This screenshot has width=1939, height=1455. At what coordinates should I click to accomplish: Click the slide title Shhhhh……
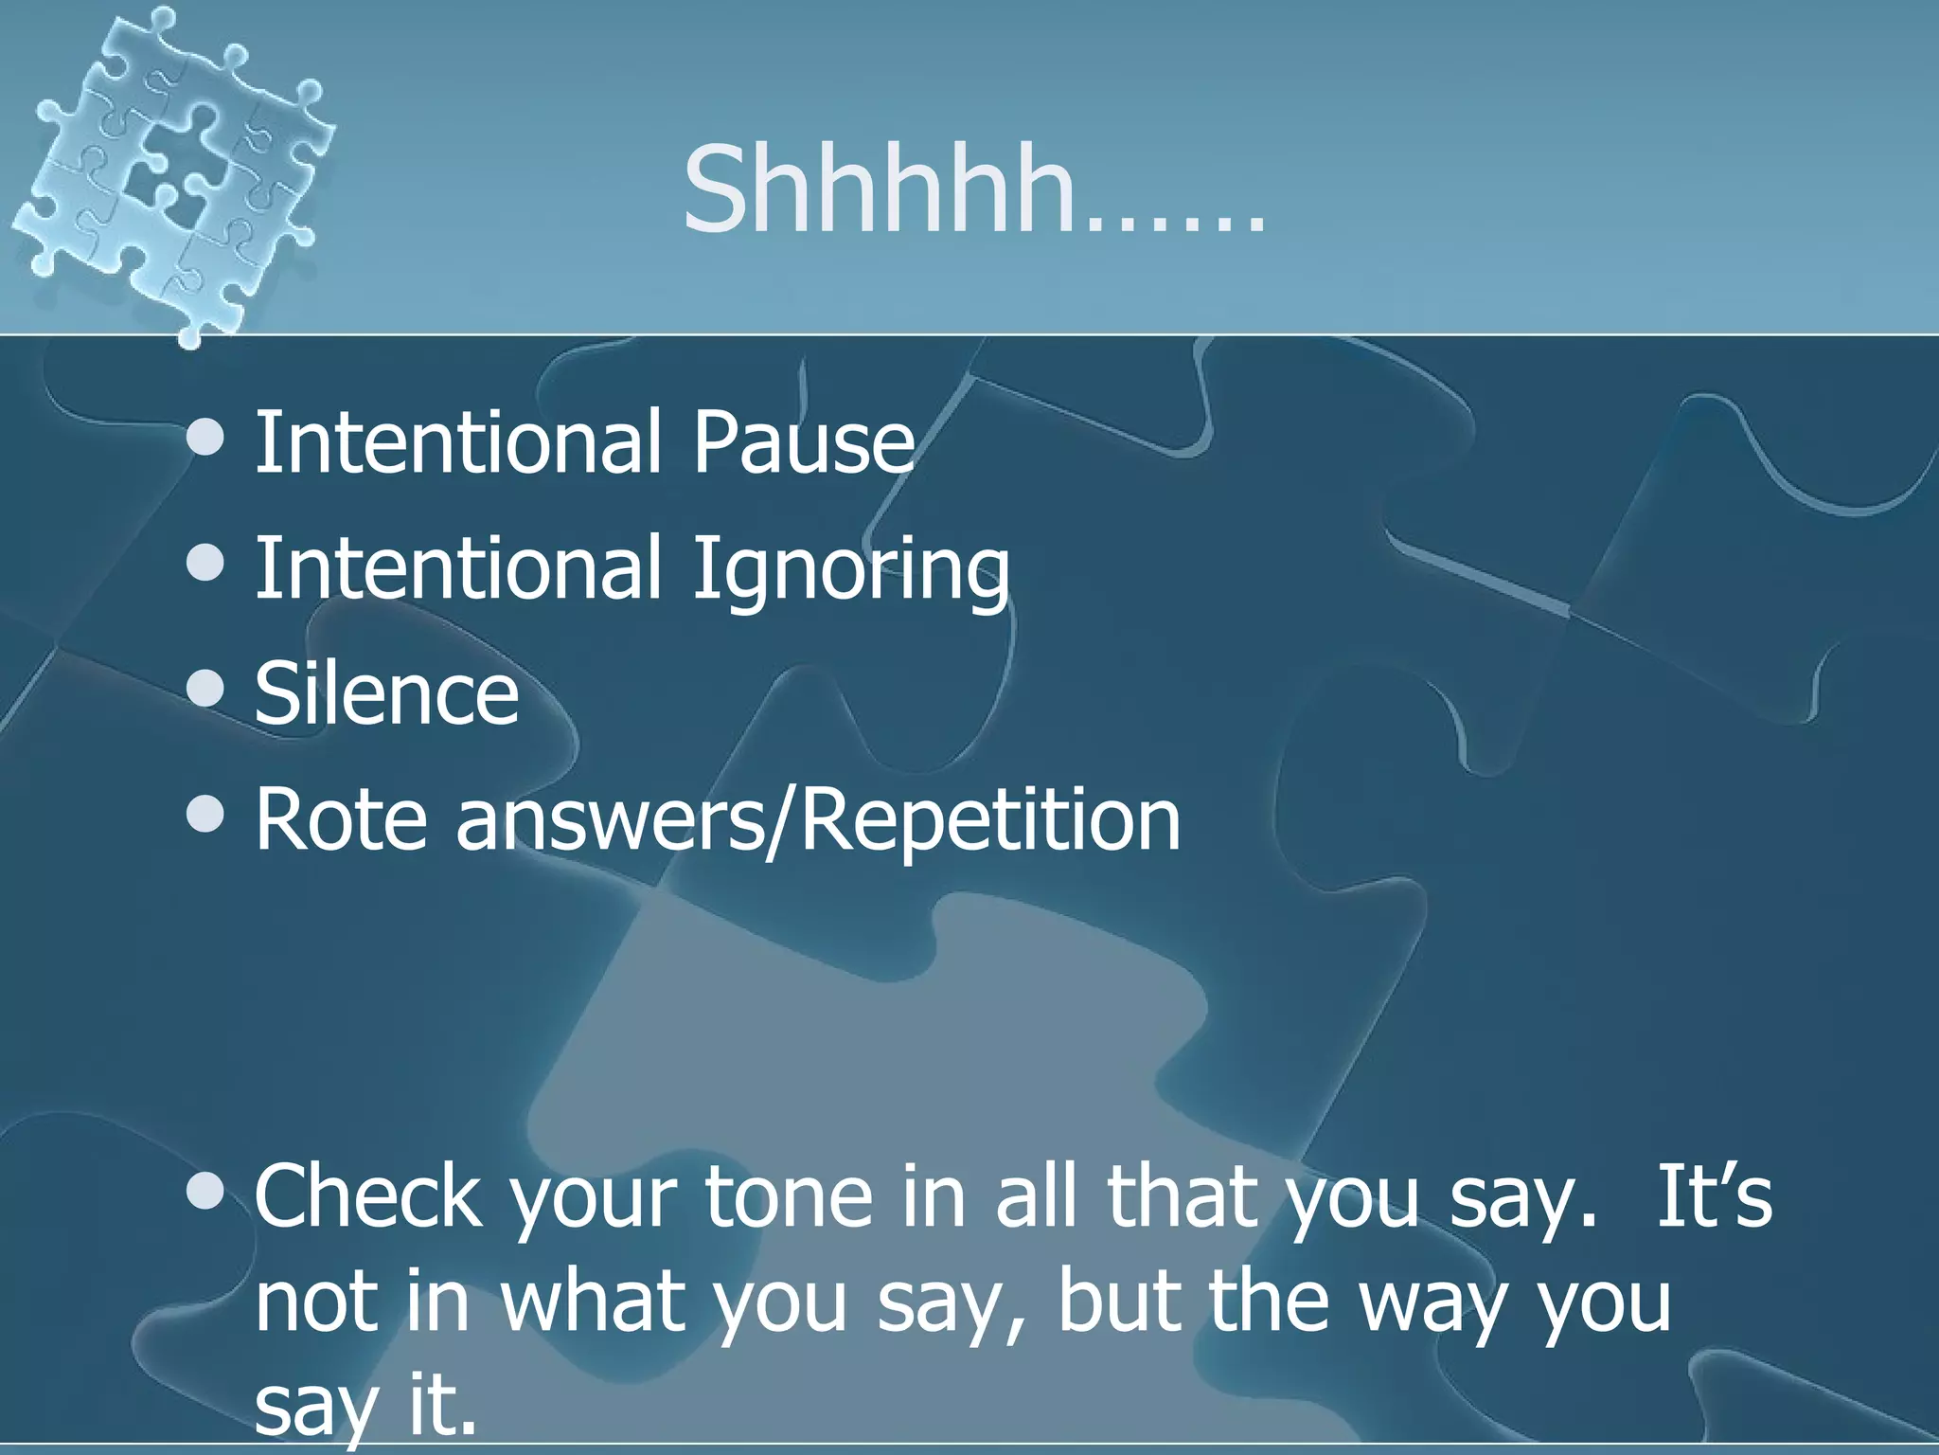point(973,189)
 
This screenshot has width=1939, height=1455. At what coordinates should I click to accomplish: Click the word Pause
point(803,441)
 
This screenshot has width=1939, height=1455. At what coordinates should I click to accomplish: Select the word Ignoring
point(850,568)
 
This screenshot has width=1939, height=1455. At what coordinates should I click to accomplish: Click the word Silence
point(386,693)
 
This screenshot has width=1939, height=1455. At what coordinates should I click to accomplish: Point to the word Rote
point(342,819)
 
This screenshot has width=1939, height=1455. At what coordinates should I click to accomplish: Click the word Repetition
point(991,819)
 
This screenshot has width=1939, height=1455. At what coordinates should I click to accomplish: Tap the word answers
point(609,819)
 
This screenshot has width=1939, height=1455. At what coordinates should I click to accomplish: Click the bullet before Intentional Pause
point(205,439)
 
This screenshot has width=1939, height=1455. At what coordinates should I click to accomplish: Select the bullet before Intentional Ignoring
point(205,565)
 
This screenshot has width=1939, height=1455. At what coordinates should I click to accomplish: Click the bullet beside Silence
point(205,691)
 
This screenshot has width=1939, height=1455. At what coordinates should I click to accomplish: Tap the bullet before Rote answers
point(205,816)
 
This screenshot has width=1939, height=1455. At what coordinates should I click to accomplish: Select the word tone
point(788,1197)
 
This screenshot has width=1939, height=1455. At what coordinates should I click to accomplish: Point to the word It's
point(1714,1197)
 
